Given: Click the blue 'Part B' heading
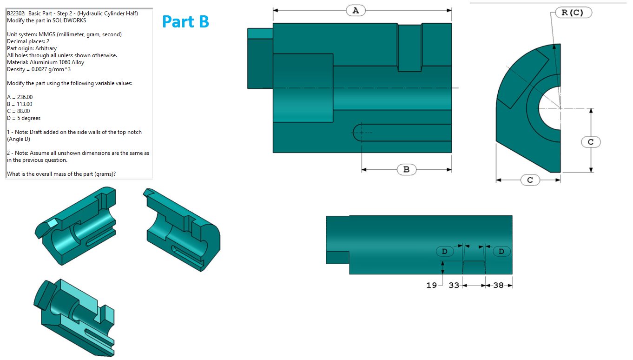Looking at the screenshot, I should pyautogui.click(x=185, y=21).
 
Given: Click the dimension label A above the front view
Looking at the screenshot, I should pyautogui.click(x=356, y=10).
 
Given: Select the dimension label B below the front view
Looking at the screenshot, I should pyautogui.click(x=406, y=170).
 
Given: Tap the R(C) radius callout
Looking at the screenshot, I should pyautogui.click(x=574, y=13).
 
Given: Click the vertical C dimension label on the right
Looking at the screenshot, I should pyautogui.click(x=591, y=142).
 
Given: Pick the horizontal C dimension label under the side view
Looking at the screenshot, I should pyautogui.click(x=530, y=180).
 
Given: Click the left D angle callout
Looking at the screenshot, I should pyautogui.click(x=445, y=251).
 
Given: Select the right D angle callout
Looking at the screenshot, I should pyautogui.click(x=501, y=251).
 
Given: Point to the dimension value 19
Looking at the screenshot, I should pyautogui.click(x=431, y=285).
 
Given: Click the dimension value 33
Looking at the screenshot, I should pyautogui.click(x=454, y=285).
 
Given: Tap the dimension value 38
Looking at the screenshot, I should pyautogui.click(x=498, y=285).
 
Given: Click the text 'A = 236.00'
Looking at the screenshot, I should pyautogui.click(x=20, y=97).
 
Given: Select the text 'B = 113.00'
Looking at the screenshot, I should pyautogui.click(x=20, y=104).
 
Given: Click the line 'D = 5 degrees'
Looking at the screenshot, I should pyautogui.click(x=24, y=118).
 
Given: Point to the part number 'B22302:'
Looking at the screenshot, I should pyautogui.click(x=16, y=13).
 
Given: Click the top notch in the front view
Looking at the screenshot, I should pyautogui.click(x=409, y=47).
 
